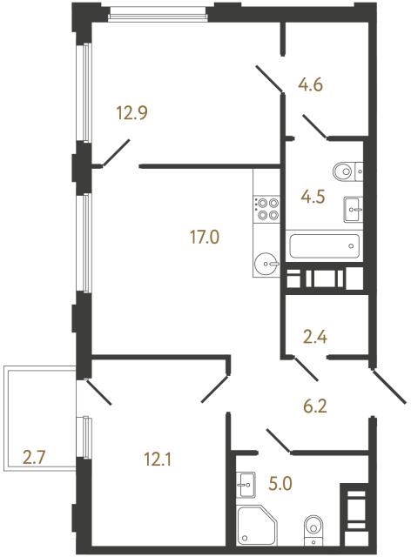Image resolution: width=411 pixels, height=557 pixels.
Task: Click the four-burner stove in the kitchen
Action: click(266, 208)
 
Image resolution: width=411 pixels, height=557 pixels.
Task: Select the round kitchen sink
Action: click(266, 261)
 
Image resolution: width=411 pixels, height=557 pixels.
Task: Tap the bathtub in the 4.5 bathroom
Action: click(323, 245)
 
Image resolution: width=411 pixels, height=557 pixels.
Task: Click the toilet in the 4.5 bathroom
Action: click(346, 171)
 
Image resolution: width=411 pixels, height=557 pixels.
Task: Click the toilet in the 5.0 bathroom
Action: click(313, 527)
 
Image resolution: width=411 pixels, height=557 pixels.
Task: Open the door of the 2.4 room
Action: click(305, 370)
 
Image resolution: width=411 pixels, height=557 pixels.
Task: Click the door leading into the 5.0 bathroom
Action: click(278, 440)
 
